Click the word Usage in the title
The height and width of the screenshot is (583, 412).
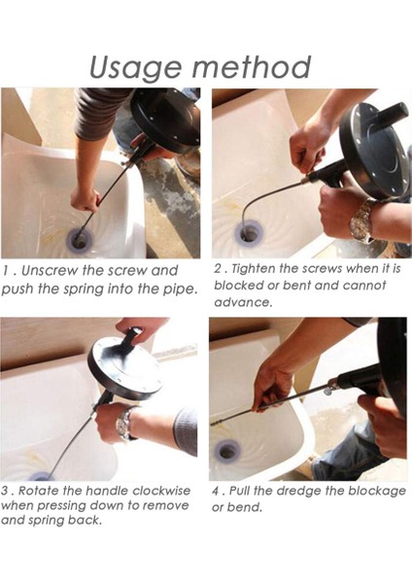click(136, 68)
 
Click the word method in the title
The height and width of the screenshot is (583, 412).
click(252, 67)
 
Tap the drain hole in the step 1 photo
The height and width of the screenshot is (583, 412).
click(80, 240)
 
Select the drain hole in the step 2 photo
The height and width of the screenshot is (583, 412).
click(249, 233)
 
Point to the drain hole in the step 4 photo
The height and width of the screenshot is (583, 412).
click(226, 452)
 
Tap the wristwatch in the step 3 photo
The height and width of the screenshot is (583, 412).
click(124, 424)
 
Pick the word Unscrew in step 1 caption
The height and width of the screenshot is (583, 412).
click(49, 271)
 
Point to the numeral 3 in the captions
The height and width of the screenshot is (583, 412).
click(5, 491)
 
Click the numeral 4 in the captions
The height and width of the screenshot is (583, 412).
click(216, 491)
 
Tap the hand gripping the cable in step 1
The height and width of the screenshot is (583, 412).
click(86, 198)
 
